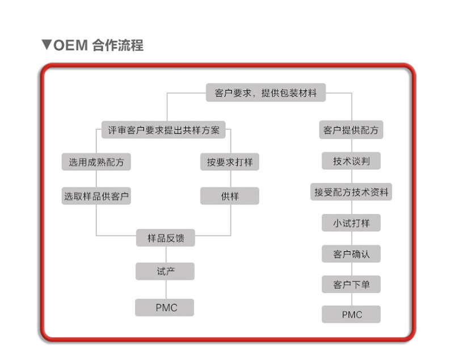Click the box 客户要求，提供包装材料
[x=266, y=93]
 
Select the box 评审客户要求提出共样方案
[x=163, y=130]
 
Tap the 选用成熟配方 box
[x=96, y=162]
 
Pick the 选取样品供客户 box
[x=96, y=196]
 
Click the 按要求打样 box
[x=229, y=162]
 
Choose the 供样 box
[x=229, y=196]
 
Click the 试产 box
[x=165, y=271]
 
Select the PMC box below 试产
[x=165, y=307]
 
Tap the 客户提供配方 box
[x=351, y=130]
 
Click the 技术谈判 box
[x=351, y=161]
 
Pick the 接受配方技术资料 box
[x=351, y=192]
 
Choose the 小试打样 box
[x=351, y=223]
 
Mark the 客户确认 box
[x=351, y=254]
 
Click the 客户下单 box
[x=351, y=284]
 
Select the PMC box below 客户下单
[x=351, y=314]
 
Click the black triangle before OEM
[x=47, y=45]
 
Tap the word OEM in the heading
[x=70, y=45]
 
